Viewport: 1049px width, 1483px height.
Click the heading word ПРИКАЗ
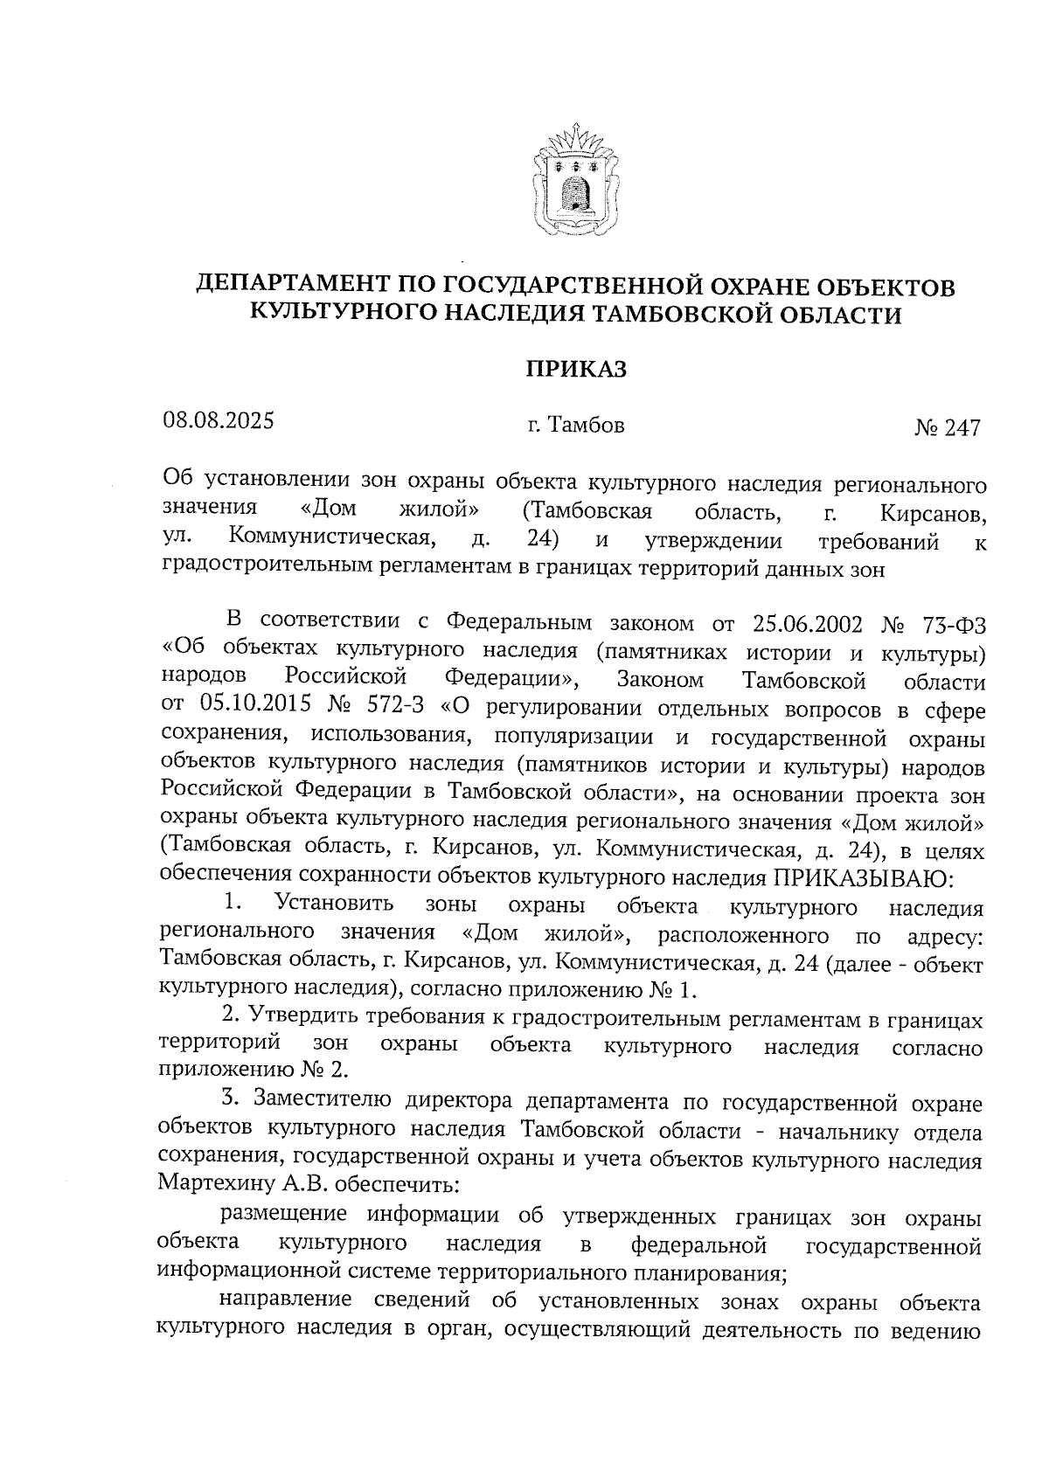[x=575, y=370]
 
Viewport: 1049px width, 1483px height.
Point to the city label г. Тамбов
[x=575, y=426]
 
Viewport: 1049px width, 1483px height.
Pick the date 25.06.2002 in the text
[x=806, y=624]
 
